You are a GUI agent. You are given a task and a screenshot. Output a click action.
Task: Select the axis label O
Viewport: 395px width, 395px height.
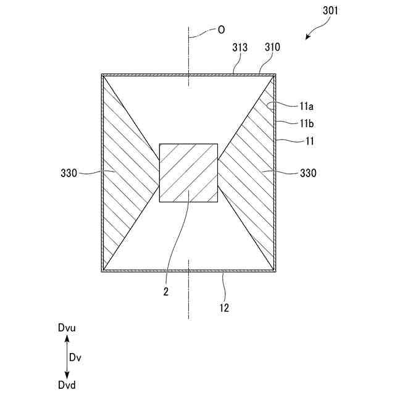pyautogui.click(x=220, y=29)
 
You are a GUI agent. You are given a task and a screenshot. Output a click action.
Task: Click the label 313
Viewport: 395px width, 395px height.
pyautogui.click(x=240, y=48)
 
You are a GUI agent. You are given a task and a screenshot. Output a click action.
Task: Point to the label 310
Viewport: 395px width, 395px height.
pyautogui.click(x=272, y=48)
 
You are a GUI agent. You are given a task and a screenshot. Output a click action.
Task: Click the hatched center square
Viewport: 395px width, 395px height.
pyautogui.click(x=188, y=173)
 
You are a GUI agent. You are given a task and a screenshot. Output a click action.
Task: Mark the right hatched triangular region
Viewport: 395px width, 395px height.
pyautogui.click(x=250, y=173)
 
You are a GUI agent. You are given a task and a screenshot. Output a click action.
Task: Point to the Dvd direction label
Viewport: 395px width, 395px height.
pyautogui.click(x=67, y=385)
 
